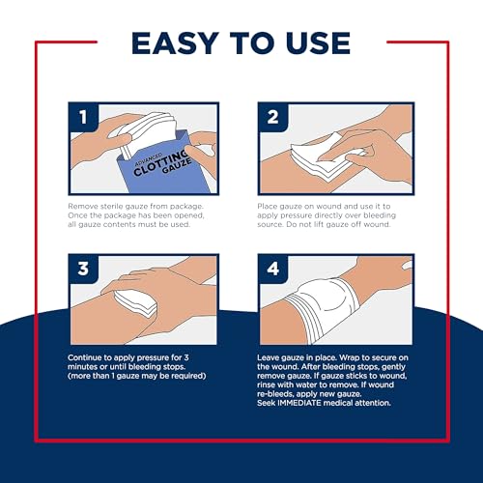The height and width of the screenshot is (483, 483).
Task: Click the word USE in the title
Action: pos(311,43)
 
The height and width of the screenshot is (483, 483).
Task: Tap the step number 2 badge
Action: pos(272,121)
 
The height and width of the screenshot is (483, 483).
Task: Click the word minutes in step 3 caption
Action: pos(88,368)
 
